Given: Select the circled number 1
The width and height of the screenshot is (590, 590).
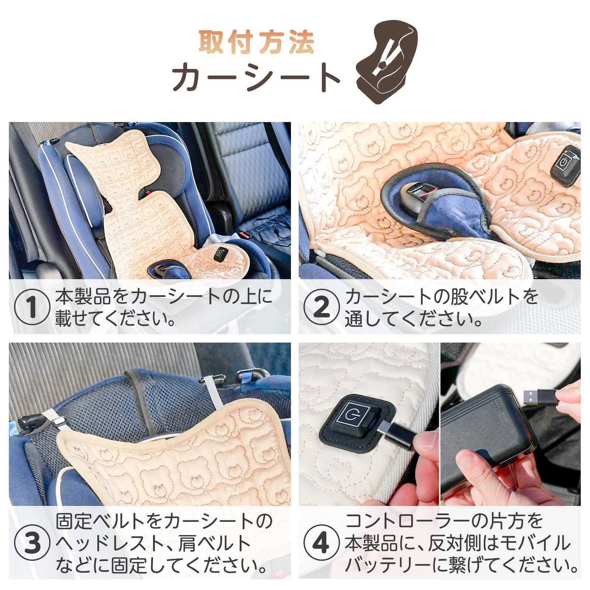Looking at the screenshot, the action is click(x=32, y=307).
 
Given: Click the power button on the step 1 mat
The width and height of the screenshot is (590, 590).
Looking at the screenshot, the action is click(x=221, y=254).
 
